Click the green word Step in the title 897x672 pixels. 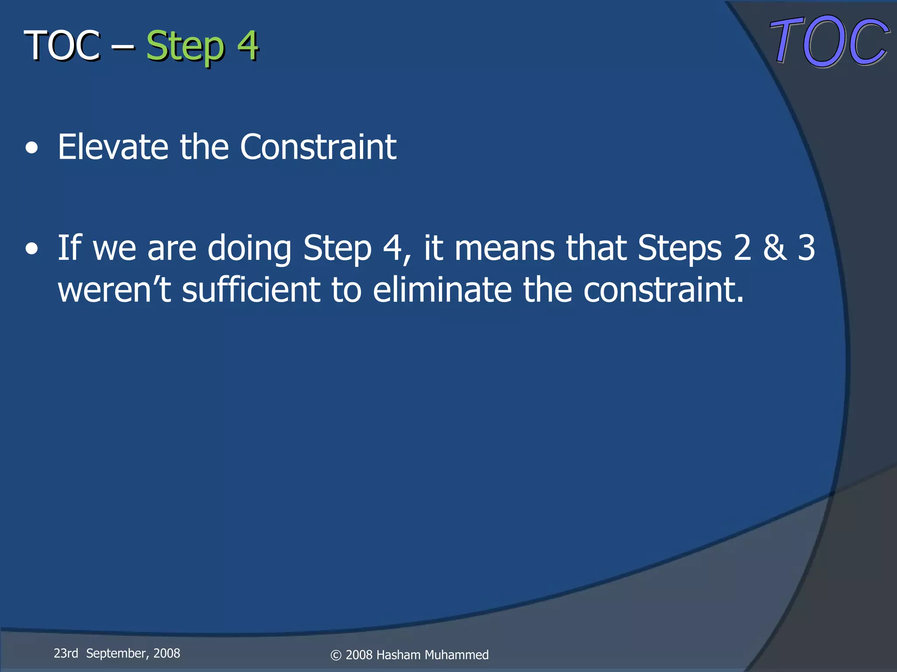pyautogui.click(x=185, y=46)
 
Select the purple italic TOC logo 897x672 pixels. pyautogui.click(x=829, y=42)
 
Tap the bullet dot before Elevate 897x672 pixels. pyautogui.click(x=32, y=149)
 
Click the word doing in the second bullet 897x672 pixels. pyautogui.click(x=249, y=248)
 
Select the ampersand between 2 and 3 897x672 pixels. pyautogui.click(x=774, y=248)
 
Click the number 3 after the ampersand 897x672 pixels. pyautogui.click(x=806, y=248)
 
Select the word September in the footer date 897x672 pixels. pyautogui.click(x=116, y=653)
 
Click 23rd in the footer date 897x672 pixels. pyautogui.click(x=66, y=653)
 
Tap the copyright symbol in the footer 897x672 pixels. pyautogui.click(x=335, y=655)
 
